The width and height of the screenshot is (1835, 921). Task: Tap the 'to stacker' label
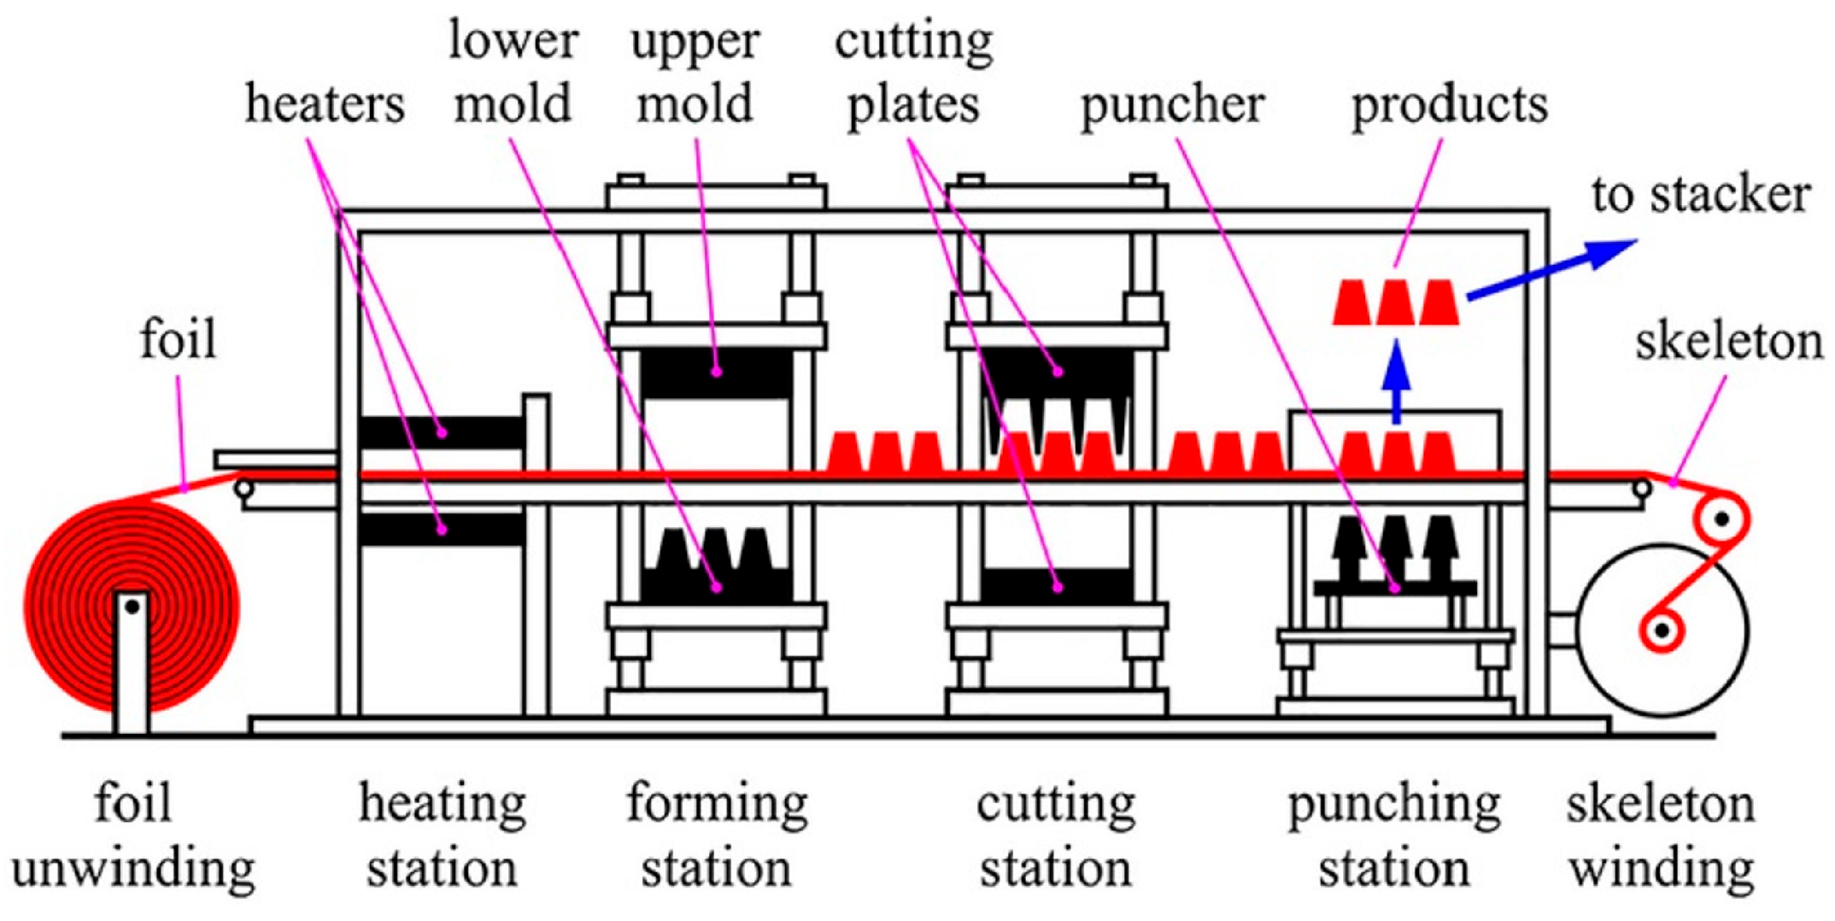pyautogui.click(x=1700, y=195)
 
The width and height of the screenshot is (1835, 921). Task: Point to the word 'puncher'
pyautogui.click(x=1172, y=105)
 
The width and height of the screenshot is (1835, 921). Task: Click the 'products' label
pyautogui.click(x=1449, y=105)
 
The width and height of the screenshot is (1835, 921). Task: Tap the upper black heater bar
pyautogui.click(x=441, y=432)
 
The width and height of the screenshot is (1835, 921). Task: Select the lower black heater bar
pyautogui.click(x=441, y=529)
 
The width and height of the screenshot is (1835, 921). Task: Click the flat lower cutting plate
pyautogui.click(x=1057, y=586)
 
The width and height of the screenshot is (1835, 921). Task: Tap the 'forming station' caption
pyautogui.click(x=716, y=836)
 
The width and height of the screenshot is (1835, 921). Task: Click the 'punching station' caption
pyautogui.click(x=1394, y=836)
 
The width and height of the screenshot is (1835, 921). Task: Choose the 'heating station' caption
pyautogui.click(x=442, y=836)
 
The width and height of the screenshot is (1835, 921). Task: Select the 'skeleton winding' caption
pyautogui.click(x=1661, y=836)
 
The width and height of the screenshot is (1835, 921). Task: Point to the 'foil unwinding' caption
pyautogui.click(x=133, y=836)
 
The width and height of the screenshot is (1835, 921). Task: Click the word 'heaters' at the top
pyautogui.click(x=325, y=105)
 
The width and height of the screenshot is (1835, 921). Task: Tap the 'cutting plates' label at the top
pyautogui.click(x=913, y=73)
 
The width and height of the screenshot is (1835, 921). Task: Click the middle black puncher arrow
pyautogui.click(x=1395, y=547)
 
